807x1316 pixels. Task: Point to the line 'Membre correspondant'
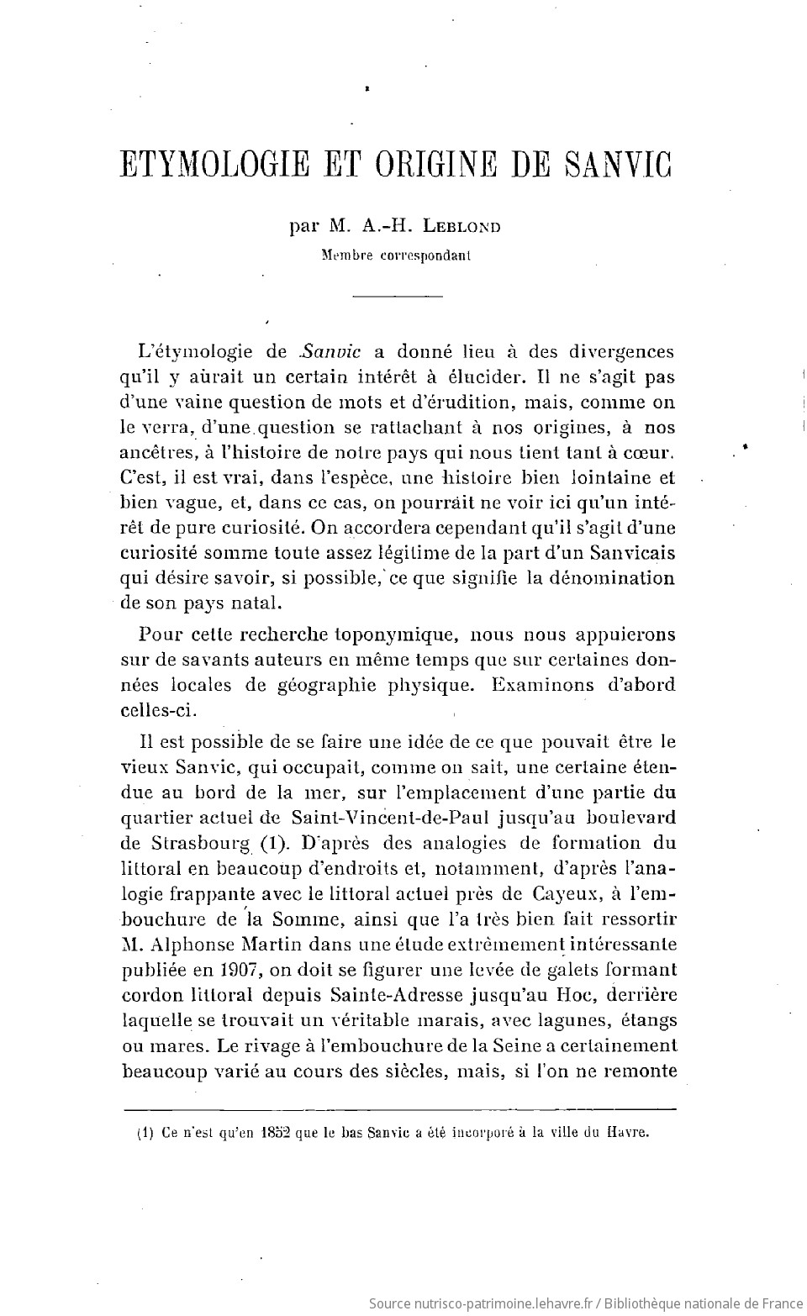tap(396, 256)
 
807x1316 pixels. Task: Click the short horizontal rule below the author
tap(398, 296)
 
